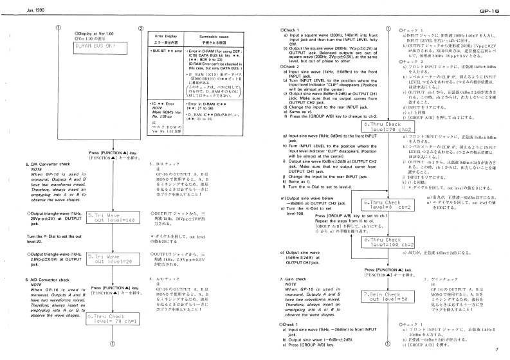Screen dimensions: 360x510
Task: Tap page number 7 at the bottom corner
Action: coord(497,349)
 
